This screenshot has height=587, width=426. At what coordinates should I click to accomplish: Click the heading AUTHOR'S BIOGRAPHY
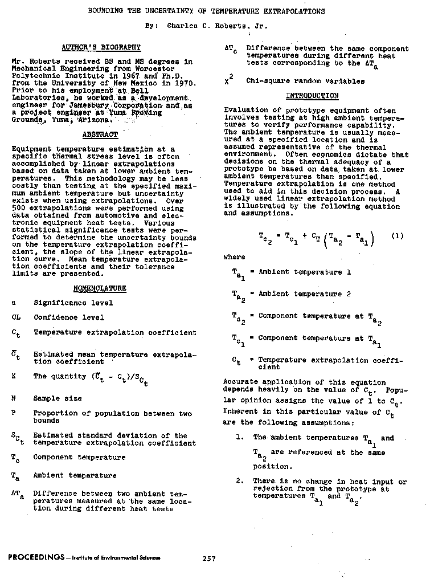(x=100, y=47)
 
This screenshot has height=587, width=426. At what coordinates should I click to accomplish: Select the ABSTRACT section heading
(x=100, y=134)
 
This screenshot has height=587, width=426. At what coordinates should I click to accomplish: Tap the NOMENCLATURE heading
(x=100, y=288)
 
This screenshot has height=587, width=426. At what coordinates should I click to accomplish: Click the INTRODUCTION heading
(x=312, y=96)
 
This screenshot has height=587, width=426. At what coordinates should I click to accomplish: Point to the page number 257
(x=209, y=559)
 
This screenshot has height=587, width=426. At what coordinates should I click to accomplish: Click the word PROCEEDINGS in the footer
(x=36, y=558)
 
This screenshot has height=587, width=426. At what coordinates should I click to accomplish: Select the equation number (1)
(x=397, y=236)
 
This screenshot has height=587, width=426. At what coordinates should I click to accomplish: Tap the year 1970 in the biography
(x=186, y=83)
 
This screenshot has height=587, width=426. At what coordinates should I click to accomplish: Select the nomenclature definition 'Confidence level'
(x=68, y=317)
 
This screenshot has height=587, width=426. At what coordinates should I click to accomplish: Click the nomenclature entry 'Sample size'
(x=57, y=399)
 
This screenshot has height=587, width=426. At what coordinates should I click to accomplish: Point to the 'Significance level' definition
(x=73, y=303)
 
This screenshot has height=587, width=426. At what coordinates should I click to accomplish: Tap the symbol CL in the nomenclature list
(x=16, y=317)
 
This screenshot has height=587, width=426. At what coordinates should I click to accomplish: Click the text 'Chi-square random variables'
(x=305, y=81)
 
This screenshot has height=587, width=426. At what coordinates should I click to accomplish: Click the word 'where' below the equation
(x=234, y=258)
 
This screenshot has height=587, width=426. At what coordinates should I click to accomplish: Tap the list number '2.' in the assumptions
(x=241, y=482)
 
